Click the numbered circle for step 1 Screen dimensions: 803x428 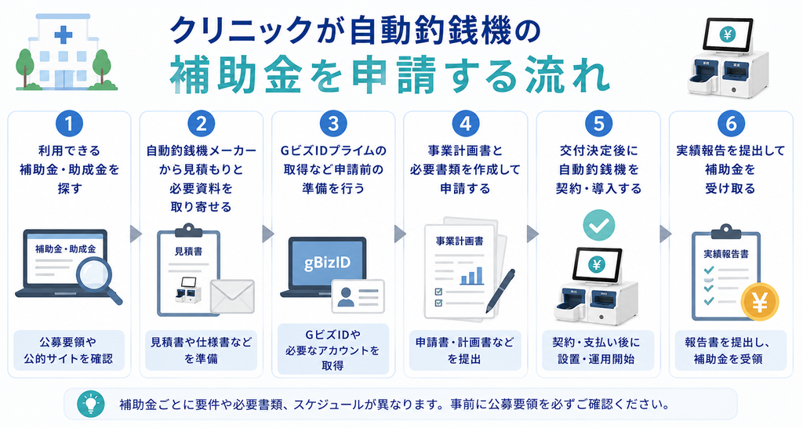coord(69,124)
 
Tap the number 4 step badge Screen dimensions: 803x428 coord(466,124)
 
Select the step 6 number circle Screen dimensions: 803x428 coord(731,124)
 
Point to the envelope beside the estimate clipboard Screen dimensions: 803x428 coord(232,296)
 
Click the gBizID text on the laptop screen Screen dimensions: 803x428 coord(327,263)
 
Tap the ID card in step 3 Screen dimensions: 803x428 coord(358,296)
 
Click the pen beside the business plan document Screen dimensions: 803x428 coord(500,290)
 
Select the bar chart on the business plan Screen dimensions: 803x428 coord(471,276)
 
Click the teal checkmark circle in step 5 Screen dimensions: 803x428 coord(598,225)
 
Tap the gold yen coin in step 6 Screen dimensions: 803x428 coord(760,302)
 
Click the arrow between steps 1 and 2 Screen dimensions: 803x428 coord(135,234)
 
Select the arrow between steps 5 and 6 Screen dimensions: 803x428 coord(665,234)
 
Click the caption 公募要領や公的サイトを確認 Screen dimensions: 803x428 coord(68,350)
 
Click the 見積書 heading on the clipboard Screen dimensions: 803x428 coord(188,252)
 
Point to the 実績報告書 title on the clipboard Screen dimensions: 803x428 coord(725,254)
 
